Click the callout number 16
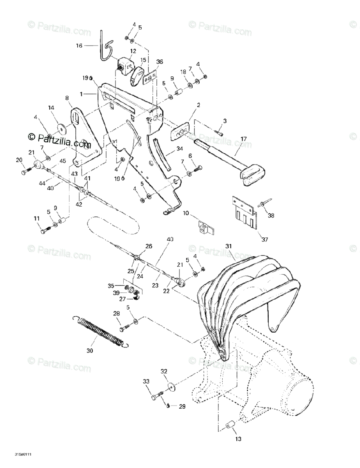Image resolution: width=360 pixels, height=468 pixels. (79, 46)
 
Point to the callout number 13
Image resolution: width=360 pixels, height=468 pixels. (238, 439)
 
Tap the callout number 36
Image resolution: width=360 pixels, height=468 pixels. (160, 62)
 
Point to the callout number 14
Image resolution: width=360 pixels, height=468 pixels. (51, 108)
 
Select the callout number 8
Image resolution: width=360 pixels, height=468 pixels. (67, 98)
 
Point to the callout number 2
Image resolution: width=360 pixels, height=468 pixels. (198, 105)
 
